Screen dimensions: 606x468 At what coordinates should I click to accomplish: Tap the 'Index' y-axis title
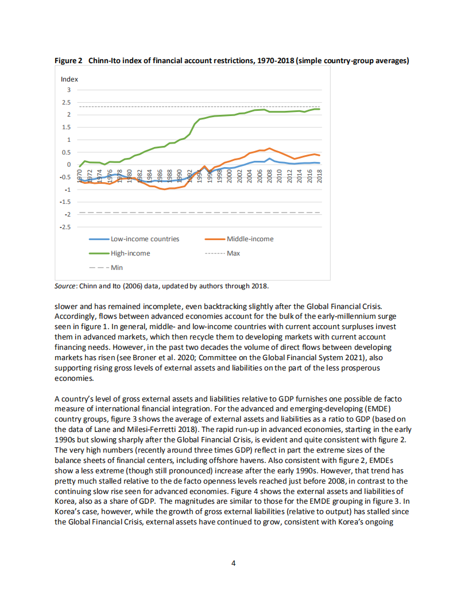pos(69,79)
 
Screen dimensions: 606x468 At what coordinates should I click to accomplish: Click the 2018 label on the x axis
pos(319,175)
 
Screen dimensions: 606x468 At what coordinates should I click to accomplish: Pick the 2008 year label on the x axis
pos(269,175)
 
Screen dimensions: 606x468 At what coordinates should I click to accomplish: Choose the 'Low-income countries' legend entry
pos(145,239)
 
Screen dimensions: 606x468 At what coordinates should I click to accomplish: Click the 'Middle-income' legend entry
pos(250,239)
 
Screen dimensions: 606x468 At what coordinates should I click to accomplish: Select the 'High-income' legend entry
pos(130,253)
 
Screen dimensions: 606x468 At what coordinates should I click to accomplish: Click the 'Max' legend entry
pos(233,253)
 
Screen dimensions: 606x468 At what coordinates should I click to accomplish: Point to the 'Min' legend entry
pos(116,268)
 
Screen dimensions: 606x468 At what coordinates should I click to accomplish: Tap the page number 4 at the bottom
pos(233,563)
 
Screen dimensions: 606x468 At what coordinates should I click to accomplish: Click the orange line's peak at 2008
pos(269,148)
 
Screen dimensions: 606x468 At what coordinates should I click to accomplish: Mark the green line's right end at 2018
pos(319,109)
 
